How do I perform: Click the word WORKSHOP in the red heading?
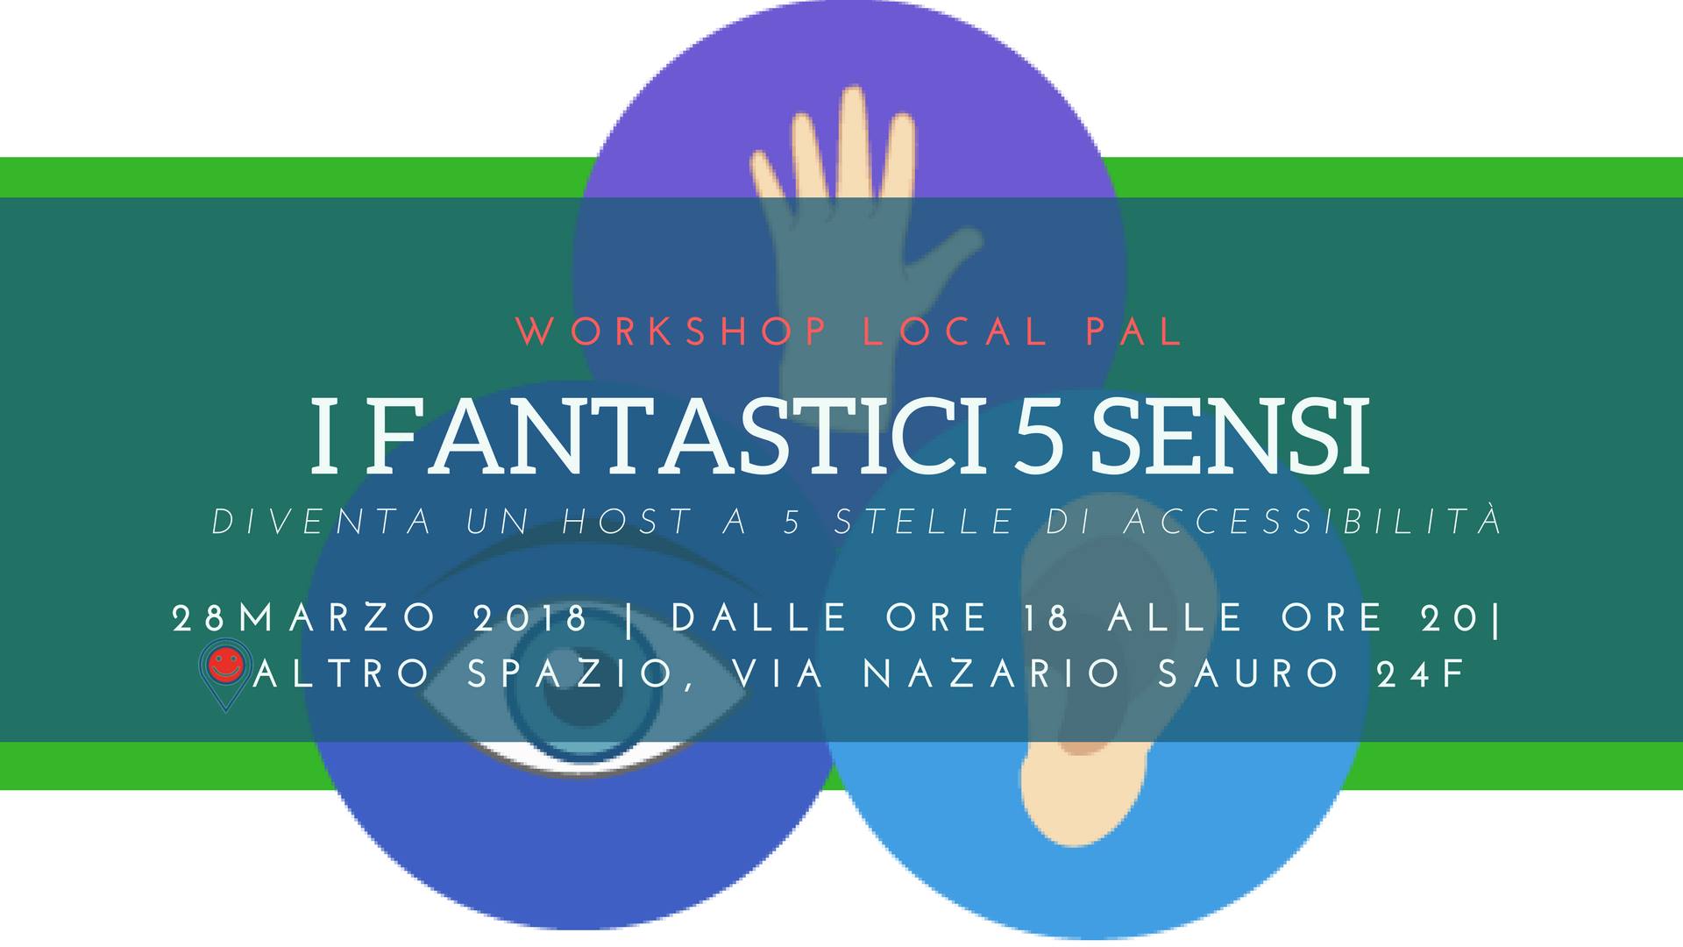point(671,331)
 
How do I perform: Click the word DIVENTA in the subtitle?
point(322,522)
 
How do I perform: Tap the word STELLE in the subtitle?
point(924,522)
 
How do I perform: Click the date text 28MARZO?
point(305,619)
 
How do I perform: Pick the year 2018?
point(530,619)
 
